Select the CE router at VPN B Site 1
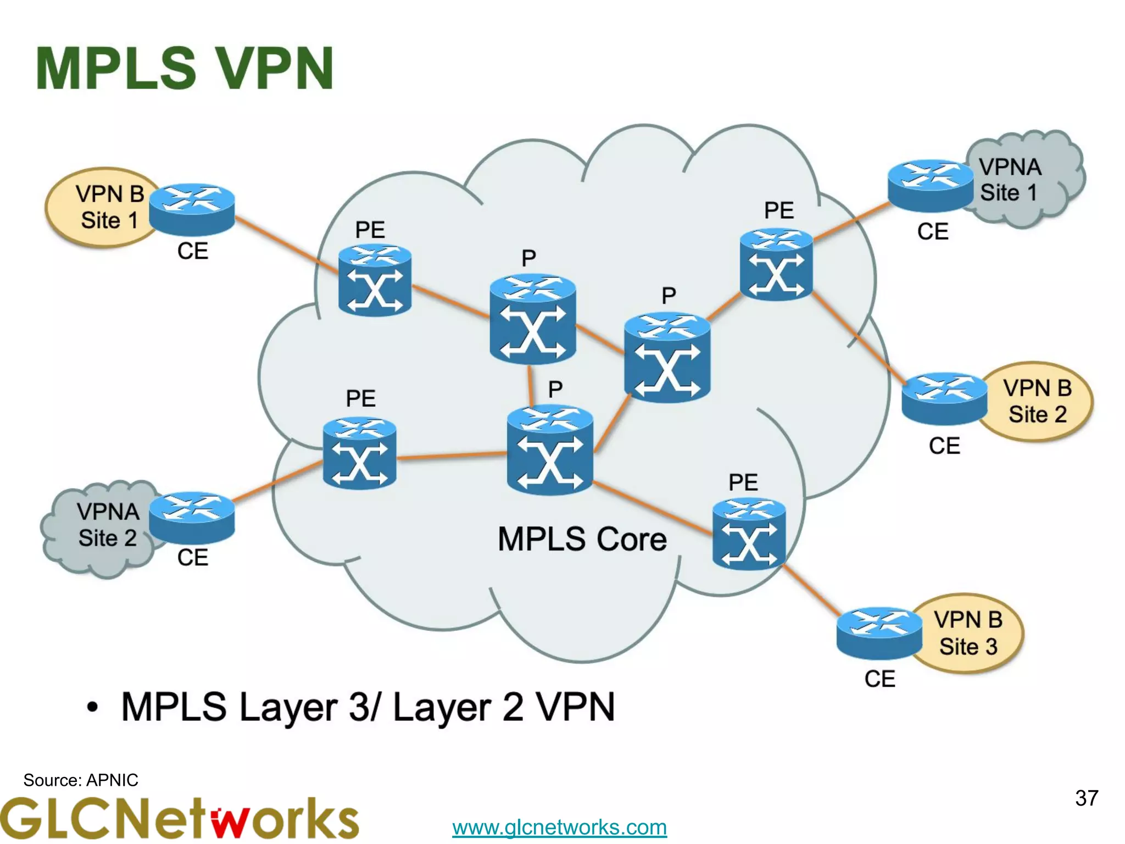point(192,210)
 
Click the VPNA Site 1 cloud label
point(1010,180)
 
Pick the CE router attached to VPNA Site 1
point(930,185)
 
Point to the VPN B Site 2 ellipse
point(1037,401)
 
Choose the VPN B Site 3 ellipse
point(968,633)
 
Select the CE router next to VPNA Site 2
point(192,518)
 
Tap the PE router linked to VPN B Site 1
point(375,280)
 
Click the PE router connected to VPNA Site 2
point(360,453)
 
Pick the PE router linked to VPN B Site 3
point(749,534)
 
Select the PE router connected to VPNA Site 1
point(776,265)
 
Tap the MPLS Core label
point(582,539)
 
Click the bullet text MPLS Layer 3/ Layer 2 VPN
point(367,707)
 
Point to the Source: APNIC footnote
point(81,780)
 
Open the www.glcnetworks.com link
point(559,827)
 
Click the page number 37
point(1086,798)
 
